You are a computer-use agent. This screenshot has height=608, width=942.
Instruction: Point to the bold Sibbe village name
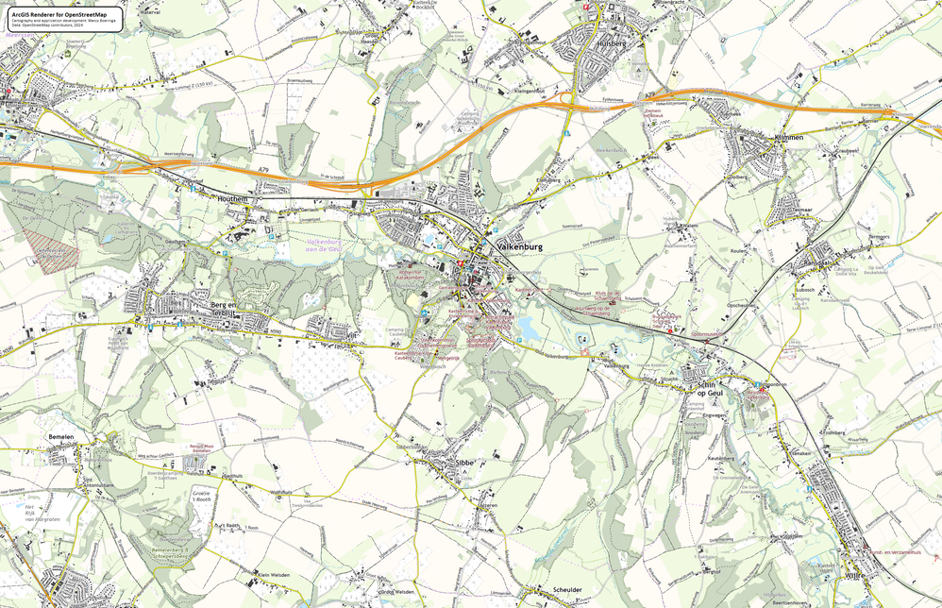click(x=463, y=463)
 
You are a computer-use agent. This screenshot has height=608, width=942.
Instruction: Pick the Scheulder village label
click(x=562, y=590)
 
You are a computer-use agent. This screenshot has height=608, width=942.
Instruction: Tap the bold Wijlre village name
click(x=854, y=574)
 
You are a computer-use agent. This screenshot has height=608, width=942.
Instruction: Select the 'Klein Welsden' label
click(x=273, y=574)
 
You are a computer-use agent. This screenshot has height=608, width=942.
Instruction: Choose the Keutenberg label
click(x=720, y=458)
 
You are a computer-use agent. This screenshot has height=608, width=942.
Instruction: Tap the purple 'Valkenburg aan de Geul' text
click(x=333, y=245)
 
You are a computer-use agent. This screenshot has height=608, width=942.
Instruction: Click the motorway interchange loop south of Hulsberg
click(x=569, y=98)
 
